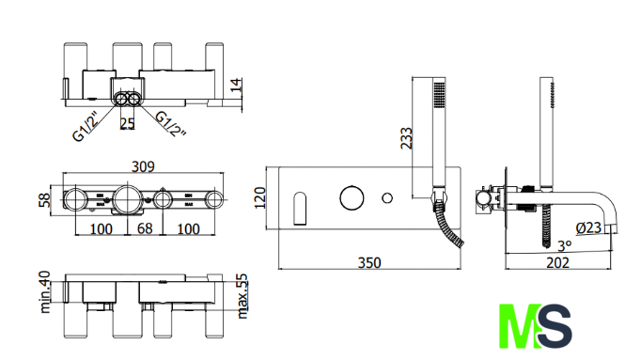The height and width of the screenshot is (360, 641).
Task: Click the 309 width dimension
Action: (143, 166)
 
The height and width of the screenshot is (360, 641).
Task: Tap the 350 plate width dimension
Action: (369, 262)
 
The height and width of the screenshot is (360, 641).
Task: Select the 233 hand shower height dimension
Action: (407, 138)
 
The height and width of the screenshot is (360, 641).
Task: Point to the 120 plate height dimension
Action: (260, 197)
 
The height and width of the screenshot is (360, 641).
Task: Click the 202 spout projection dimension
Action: (558, 262)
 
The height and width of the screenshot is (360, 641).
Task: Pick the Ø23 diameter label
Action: (588, 228)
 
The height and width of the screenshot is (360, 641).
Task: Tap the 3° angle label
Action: (565, 246)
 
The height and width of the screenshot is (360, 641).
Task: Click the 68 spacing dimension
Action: (145, 228)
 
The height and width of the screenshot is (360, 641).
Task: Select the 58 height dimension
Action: (44, 200)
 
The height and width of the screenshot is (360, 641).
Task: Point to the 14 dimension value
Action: (236, 85)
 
